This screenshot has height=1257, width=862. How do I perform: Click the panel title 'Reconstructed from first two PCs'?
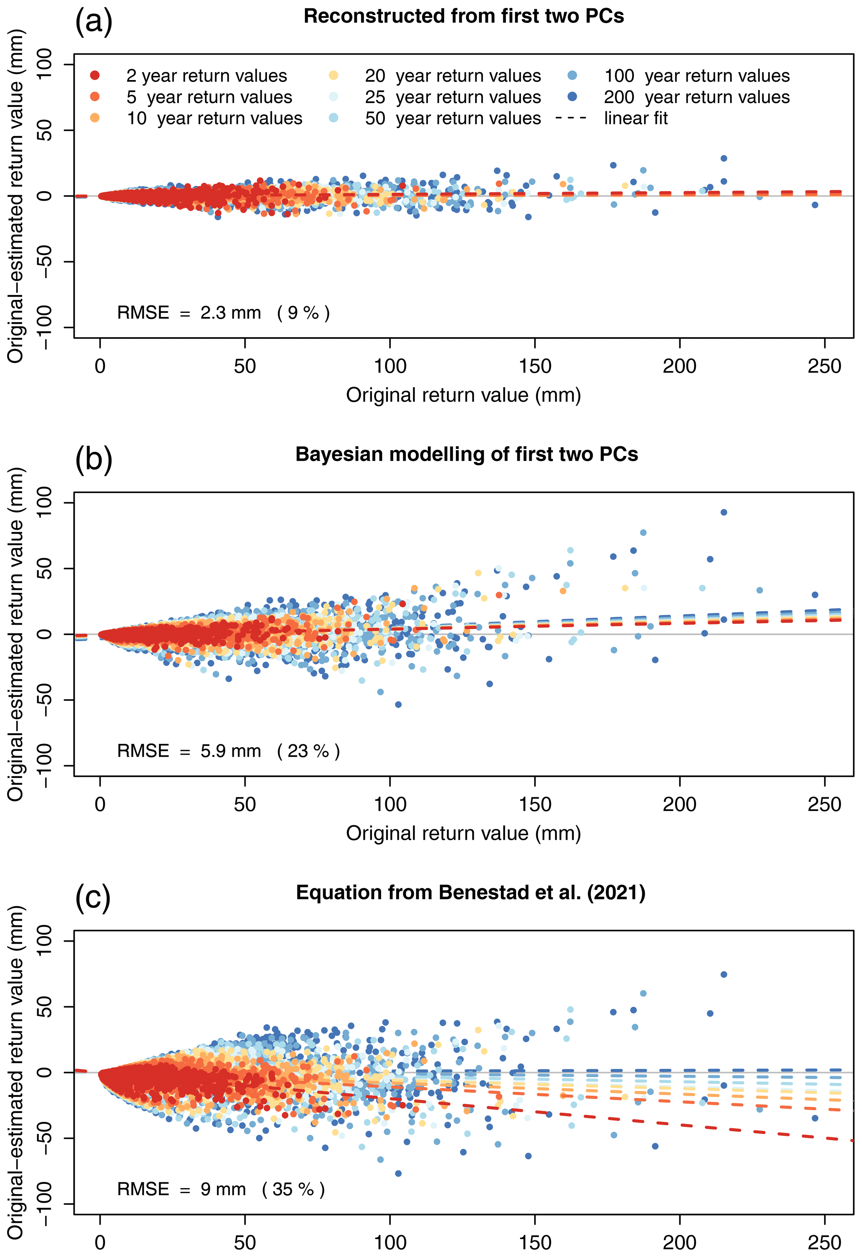pyautogui.click(x=463, y=16)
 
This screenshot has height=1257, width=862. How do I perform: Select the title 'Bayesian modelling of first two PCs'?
pyautogui.click(x=466, y=454)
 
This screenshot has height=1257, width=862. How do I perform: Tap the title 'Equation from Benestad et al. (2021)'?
pyautogui.click(x=470, y=892)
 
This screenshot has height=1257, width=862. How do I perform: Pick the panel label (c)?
pyautogui.click(x=93, y=897)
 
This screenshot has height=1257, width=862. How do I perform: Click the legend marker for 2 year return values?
pyautogui.click(x=95, y=75)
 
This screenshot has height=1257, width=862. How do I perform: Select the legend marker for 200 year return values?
pyautogui.click(x=572, y=96)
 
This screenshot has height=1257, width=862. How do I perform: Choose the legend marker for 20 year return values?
pyautogui.click(x=334, y=75)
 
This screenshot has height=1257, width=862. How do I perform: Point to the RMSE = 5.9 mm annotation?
pyautogui.click(x=228, y=751)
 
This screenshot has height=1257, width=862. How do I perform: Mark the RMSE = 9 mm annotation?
pyautogui.click(x=221, y=1189)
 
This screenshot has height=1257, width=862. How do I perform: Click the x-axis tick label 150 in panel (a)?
pyautogui.click(x=534, y=366)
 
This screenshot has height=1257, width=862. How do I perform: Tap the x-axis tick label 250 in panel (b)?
pyautogui.click(x=824, y=804)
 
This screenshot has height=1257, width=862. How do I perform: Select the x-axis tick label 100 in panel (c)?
pyautogui.click(x=390, y=1242)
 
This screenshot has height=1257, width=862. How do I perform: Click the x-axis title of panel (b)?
pyautogui.click(x=463, y=833)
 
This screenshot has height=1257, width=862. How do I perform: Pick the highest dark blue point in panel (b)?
pyautogui.click(x=724, y=512)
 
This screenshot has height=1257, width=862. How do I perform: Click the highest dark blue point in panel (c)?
pyautogui.click(x=724, y=975)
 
